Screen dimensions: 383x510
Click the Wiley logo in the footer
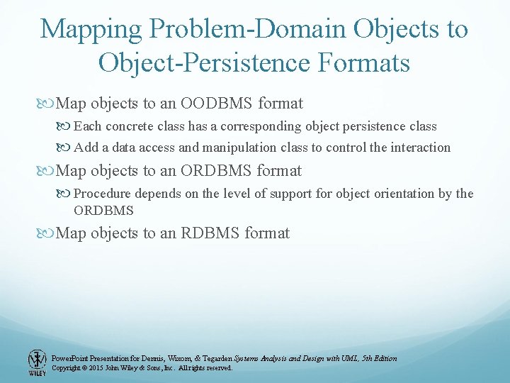tap(37, 362)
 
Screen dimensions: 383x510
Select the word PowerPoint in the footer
tap(68, 359)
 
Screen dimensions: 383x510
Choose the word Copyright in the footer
tap(66, 368)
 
